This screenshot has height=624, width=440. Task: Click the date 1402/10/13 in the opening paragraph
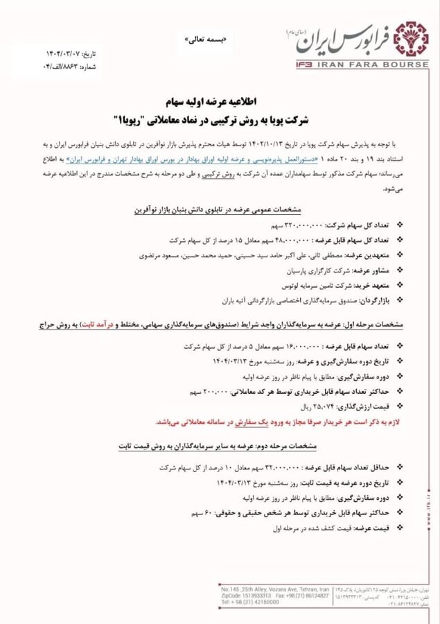pos(265,144)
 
